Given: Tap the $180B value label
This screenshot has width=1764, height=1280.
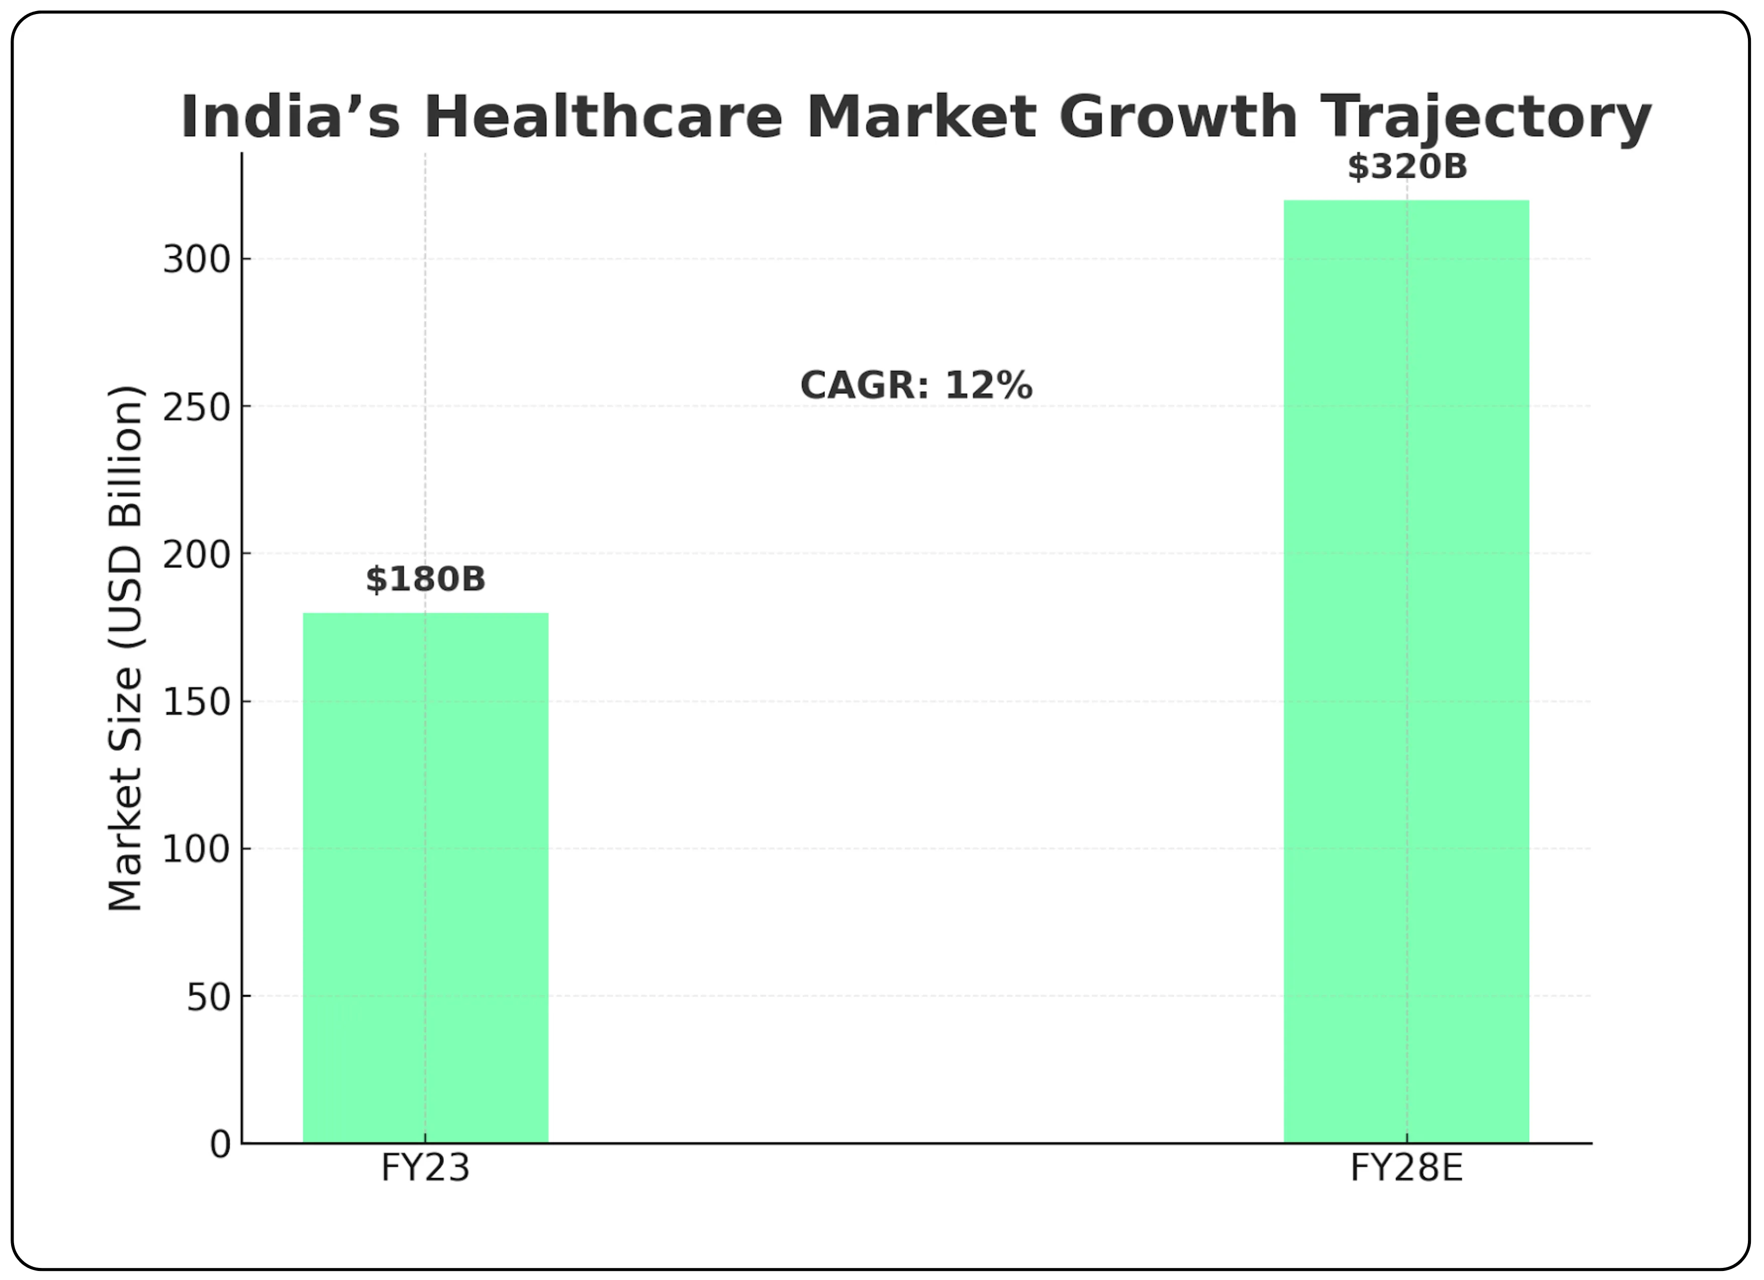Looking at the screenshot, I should (425, 579).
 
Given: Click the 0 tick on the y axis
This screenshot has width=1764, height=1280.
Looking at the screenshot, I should (220, 1145).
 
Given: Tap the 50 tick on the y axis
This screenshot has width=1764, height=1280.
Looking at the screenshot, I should (209, 997).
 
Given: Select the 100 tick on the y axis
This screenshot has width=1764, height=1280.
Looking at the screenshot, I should (197, 849).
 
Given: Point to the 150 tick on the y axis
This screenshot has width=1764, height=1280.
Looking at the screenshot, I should (197, 702).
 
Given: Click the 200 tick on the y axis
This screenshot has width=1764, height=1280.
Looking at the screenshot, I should (197, 554).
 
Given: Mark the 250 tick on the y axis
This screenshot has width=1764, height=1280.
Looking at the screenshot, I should (197, 407).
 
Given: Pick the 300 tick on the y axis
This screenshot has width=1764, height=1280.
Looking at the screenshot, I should (197, 260).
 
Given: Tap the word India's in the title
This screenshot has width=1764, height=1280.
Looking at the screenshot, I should (290, 118).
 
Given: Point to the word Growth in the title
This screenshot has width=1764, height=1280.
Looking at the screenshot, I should (1177, 118).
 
